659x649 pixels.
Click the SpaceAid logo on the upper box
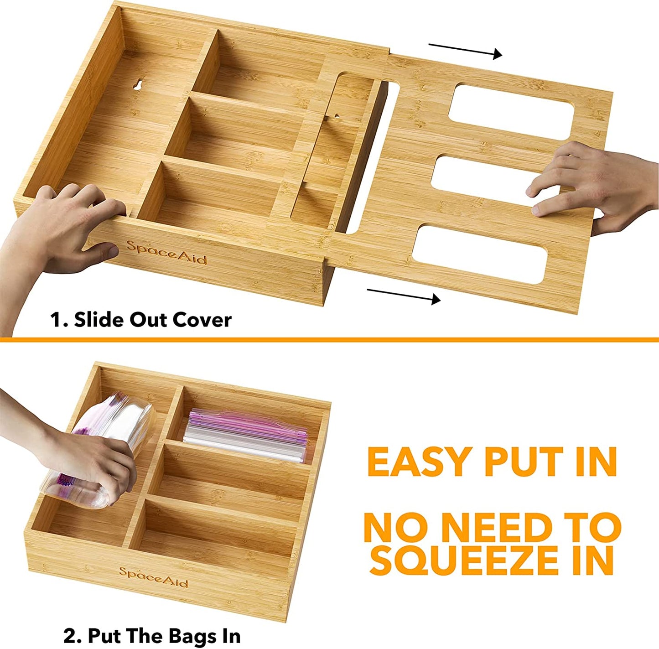coord(166,252)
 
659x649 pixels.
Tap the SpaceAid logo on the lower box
coord(153,577)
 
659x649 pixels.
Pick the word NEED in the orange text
coord(498,528)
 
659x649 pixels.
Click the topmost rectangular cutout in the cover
coord(511,109)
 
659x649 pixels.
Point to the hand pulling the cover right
coord(593,187)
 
